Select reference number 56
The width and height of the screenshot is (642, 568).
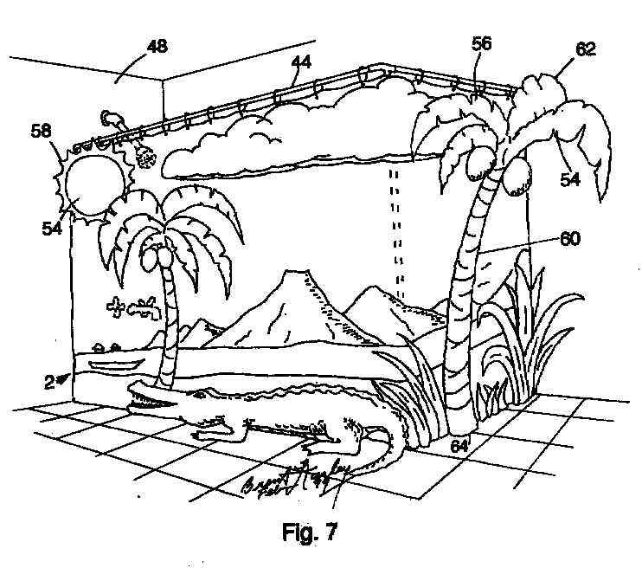pyautogui.click(x=482, y=44)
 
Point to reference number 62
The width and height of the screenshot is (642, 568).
pyautogui.click(x=586, y=50)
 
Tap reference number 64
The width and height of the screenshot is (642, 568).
pyautogui.click(x=459, y=448)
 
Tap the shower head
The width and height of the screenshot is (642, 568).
pyautogui.click(x=140, y=157)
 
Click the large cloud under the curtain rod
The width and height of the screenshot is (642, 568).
pyautogui.click(x=286, y=143)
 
